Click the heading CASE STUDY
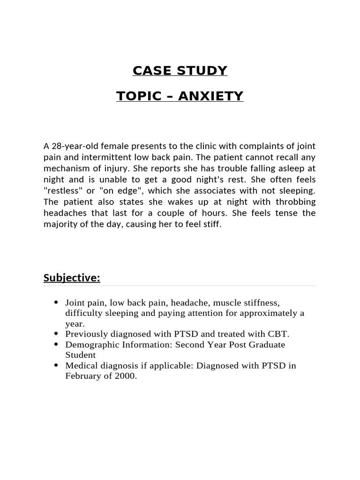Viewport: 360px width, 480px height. tap(180, 71)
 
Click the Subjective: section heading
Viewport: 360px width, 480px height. tap(72, 278)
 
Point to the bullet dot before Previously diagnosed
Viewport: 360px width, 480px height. tap(56, 334)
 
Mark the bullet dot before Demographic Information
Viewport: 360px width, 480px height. tap(56, 345)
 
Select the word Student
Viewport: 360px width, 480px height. tap(80, 355)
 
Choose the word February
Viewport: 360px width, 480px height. tap(82, 375)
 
